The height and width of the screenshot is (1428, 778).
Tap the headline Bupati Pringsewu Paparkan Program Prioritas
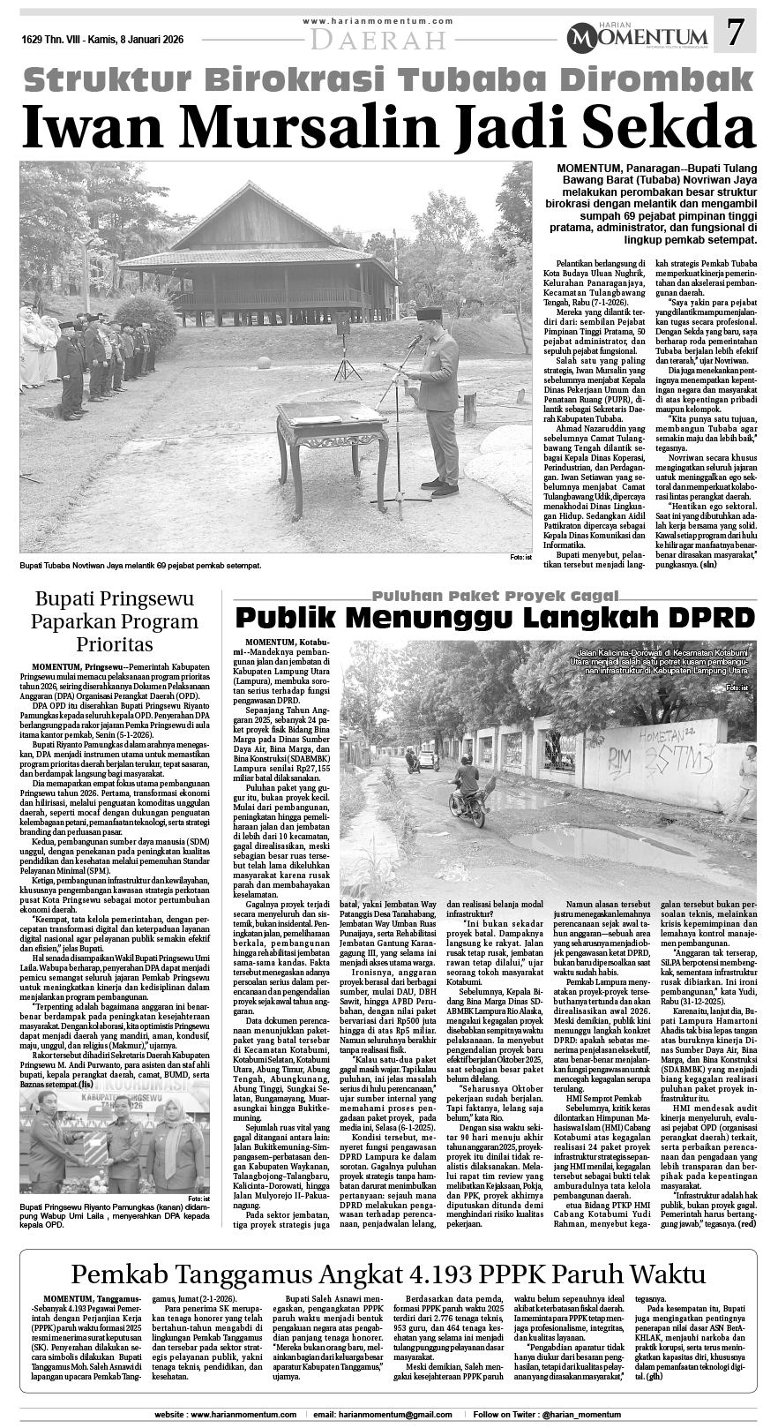click(x=115, y=620)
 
